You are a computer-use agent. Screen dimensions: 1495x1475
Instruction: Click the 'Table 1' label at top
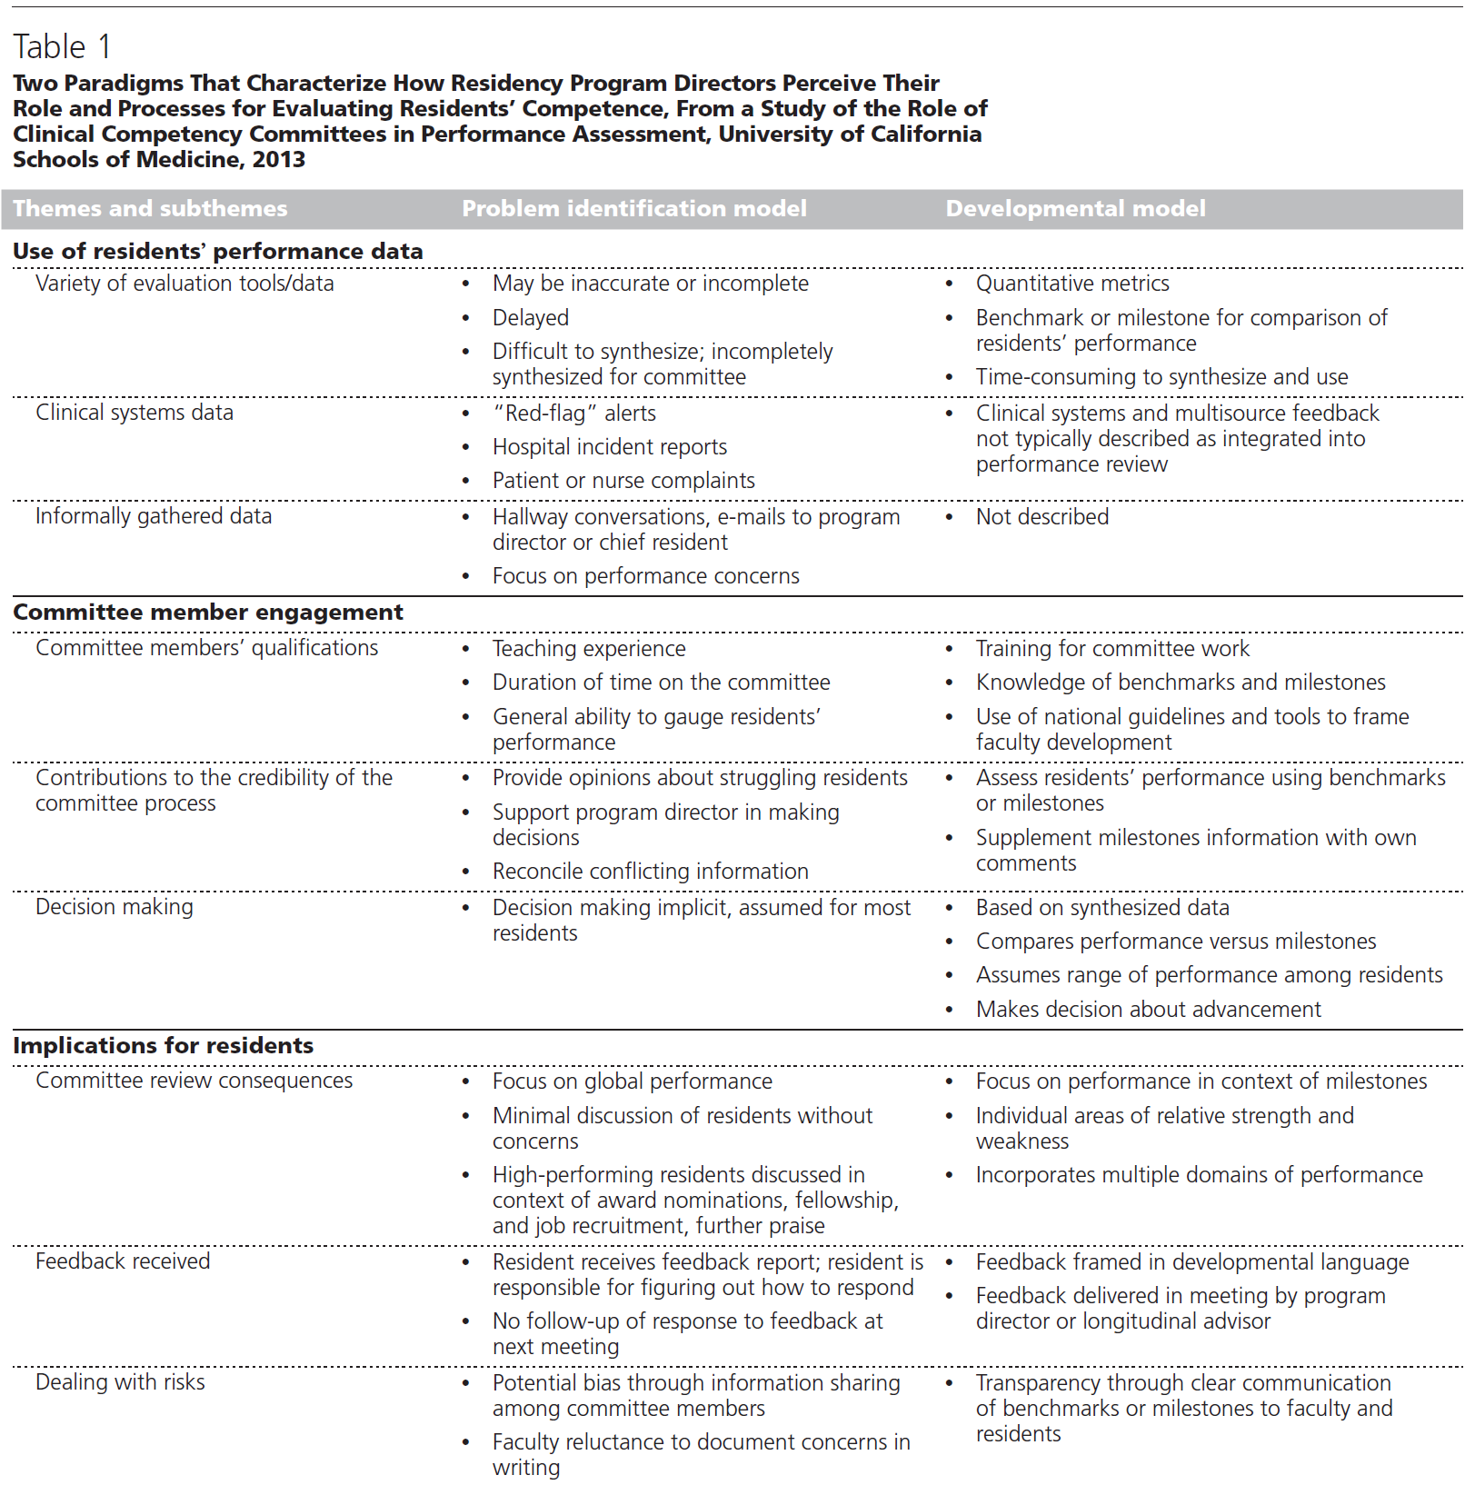point(62,46)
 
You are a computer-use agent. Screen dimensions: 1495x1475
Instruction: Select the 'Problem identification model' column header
point(633,209)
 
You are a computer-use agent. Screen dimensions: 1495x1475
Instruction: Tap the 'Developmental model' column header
point(1075,209)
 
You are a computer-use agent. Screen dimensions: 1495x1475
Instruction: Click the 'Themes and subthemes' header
point(150,209)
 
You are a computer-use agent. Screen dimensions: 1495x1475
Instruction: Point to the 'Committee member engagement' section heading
point(208,613)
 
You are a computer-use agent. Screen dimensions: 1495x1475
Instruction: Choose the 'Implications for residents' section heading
point(164,1046)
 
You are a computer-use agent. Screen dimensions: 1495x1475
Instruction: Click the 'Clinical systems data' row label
point(135,413)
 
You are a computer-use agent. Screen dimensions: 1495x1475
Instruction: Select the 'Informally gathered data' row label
point(154,516)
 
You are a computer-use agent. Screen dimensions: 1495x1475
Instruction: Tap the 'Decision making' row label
point(115,907)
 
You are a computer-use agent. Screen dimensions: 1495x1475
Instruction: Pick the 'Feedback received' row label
point(123,1261)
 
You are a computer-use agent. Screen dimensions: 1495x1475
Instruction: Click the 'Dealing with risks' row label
point(120,1382)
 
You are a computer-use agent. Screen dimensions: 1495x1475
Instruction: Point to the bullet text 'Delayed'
point(531,318)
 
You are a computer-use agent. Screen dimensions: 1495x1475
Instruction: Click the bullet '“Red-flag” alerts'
point(573,414)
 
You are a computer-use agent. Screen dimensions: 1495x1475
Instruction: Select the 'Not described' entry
point(1041,517)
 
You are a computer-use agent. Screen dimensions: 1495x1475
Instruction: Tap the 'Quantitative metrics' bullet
point(1072,284)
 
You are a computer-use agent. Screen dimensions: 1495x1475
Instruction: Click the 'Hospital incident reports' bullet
point(610,447)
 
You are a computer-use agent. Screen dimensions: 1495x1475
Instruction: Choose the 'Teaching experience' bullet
point(589,649)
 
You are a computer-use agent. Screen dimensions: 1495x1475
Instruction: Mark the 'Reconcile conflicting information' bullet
point(650,872)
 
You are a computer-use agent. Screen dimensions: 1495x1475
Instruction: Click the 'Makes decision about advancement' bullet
point(1148,1010)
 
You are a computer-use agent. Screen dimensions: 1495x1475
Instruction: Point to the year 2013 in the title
point(279,160)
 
